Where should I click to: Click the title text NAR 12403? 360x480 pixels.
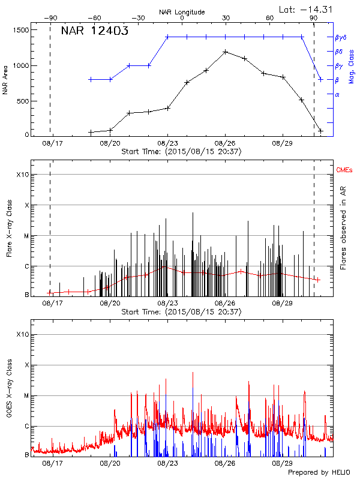point(95,32)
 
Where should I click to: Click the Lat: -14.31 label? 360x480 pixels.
point(307,8)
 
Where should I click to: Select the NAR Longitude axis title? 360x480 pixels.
point(182,12)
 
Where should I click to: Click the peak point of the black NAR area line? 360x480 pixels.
point(225,52)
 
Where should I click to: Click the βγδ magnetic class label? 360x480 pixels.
point(340,37)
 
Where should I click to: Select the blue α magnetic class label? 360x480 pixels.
point(337,94)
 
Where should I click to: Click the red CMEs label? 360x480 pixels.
point(344,170)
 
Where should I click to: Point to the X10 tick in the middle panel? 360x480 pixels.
point(22,175)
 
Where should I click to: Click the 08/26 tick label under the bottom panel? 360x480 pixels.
point(225,463)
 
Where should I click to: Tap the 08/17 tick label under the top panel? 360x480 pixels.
point(52,144)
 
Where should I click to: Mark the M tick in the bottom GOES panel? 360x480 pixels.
point(26,396)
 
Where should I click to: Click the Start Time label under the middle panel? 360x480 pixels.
point(181,312)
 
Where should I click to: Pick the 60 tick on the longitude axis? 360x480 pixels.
point(269,19)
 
